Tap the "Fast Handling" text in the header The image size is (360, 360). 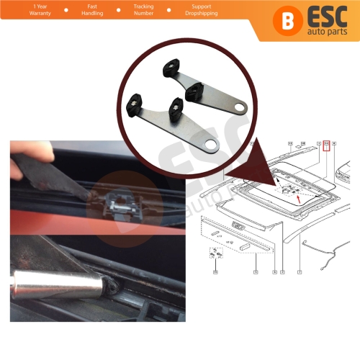pos(92,11)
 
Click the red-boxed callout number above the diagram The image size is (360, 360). pos(326,145)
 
